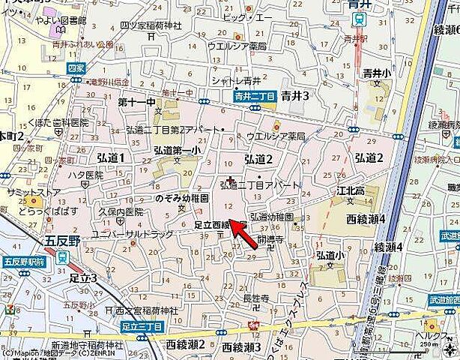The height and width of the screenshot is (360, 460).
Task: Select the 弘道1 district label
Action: click(110, 158)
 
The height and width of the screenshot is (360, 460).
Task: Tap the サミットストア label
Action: click(24, 192)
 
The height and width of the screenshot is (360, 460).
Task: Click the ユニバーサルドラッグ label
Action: click(126, 235)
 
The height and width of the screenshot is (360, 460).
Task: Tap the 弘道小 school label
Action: click(330, 255)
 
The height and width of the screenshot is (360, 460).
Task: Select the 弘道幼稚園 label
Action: click(271, 217)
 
